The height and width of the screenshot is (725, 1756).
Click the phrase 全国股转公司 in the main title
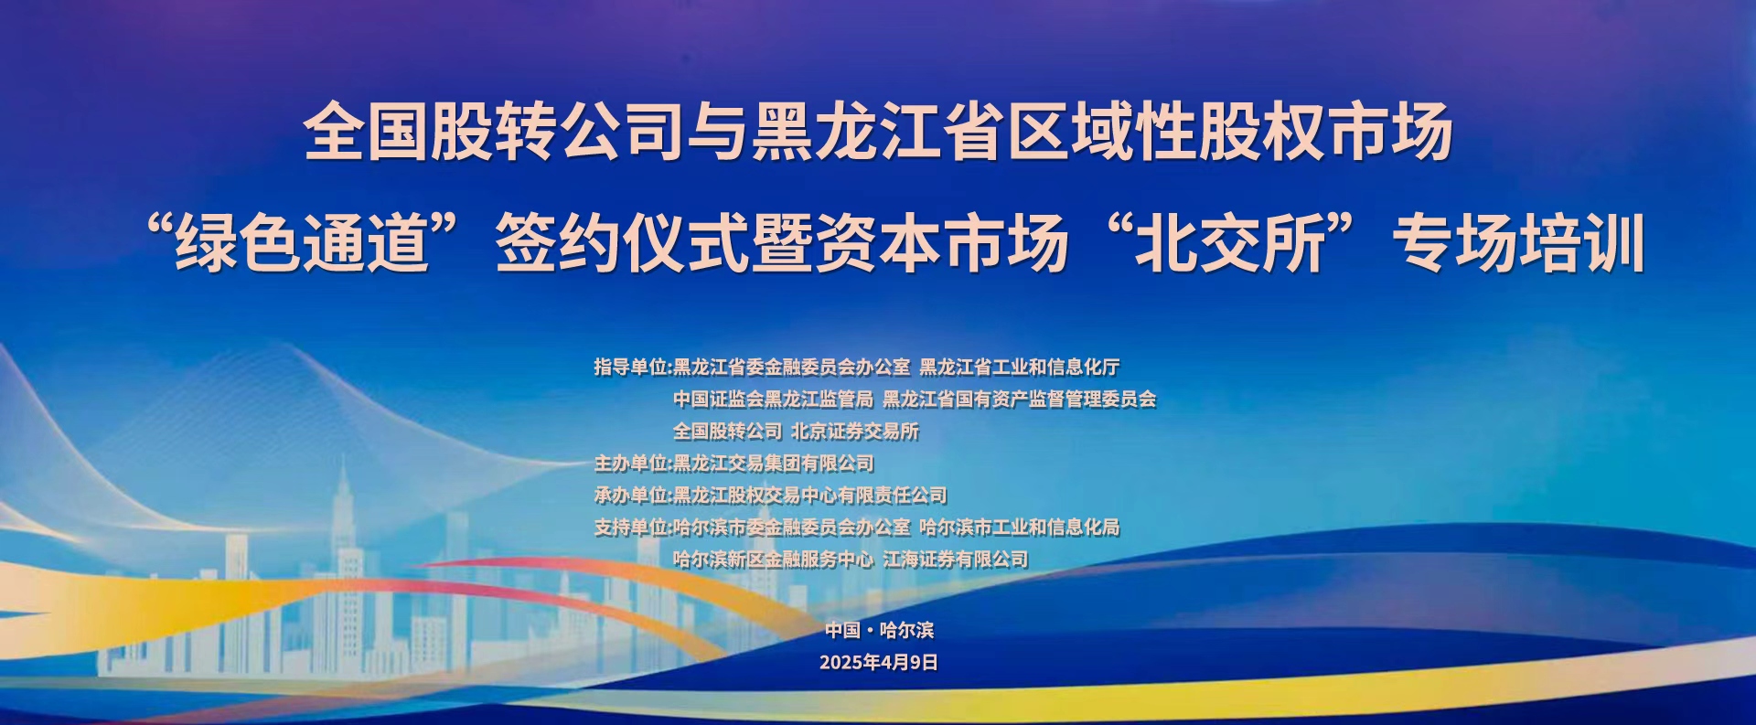point(495,132)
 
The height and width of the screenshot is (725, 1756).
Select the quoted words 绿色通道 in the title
point(303,244)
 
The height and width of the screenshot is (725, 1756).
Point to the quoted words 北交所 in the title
point(1231,244)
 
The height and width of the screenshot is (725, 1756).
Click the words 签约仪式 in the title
point(622,244)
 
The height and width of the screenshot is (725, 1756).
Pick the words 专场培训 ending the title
point(1518,244)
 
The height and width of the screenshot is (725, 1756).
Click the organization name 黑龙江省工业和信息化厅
point(1020,368)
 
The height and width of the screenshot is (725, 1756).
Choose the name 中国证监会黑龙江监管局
point(774,400)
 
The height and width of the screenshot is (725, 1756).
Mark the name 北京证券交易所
point(855,432)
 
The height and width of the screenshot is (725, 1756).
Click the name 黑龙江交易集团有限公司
point(774,464)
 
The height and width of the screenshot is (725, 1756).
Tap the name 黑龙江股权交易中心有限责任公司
point(810,496)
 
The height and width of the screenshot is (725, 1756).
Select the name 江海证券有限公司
point(956,560)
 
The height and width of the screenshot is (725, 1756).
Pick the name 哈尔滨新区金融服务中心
point(774,560)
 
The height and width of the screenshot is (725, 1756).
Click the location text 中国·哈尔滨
point(879,630)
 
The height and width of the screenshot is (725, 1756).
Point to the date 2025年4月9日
point(879,663)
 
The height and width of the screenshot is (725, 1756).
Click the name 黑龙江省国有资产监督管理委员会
point(1020,400)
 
